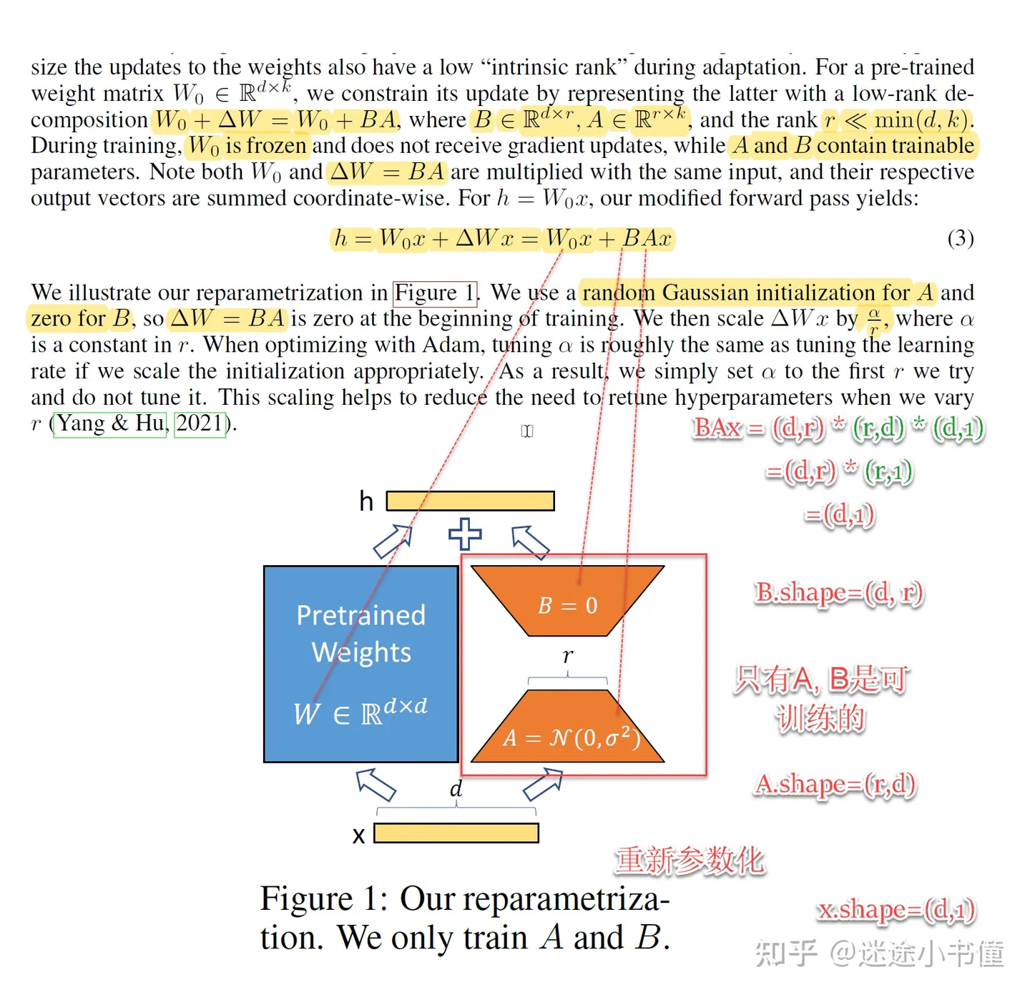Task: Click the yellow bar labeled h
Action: click(470, 501)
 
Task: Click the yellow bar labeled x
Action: click(456, 833)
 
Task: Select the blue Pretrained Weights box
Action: click(360, 664)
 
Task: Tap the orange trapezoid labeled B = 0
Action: click(567, 601)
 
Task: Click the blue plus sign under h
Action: click(465, 534)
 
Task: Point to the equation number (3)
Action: click(960, 238)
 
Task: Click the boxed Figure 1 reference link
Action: click(435, 293)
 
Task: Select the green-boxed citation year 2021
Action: click(200, 423)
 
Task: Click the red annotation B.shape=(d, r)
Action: click(839, 593)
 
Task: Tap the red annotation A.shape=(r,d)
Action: click(835, 785)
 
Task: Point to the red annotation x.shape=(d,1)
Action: click(896, 910)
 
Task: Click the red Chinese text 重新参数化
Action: click(690, 860)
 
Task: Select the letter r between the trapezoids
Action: click(568, 655)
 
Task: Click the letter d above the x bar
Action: click(456, 789)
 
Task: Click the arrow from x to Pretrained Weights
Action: click(376, 785)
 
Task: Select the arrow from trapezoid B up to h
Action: click(530, 542)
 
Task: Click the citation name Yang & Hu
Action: click(110, 423)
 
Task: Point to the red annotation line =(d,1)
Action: click(839, 515)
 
